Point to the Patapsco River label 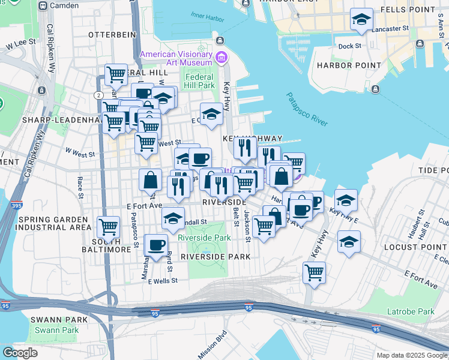pyautogui.click(x=307, y=109)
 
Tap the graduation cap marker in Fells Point pyautogui.click(x=361, y=20)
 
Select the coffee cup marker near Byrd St pyautogui.click(x=157, y=245)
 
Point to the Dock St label pyautogui.click(x=349, y=46)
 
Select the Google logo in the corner pyautogui.click(x=20, y=353)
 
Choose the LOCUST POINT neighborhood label pyautogui.click(x=417, y=247)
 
